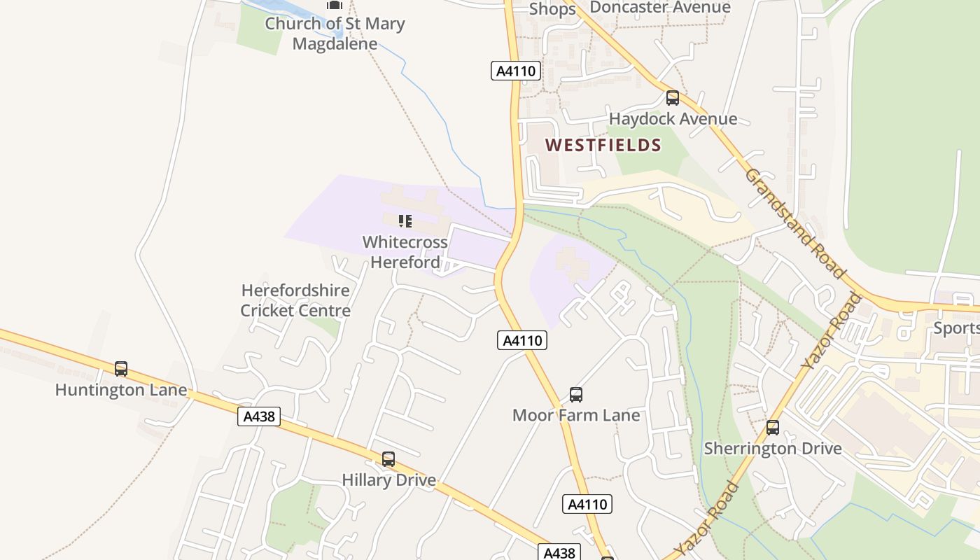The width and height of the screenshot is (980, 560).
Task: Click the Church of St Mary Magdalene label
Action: (335, 33)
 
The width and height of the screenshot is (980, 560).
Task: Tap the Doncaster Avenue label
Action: (660, 8)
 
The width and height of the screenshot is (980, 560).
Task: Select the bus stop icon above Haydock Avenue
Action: (673, 98)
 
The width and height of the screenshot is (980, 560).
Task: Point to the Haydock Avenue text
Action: (673, 119)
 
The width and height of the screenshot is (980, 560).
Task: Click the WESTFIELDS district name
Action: (603, 146)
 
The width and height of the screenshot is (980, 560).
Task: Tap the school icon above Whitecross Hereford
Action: (405, 221)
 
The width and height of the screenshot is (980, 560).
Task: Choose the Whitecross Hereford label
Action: (405, 252)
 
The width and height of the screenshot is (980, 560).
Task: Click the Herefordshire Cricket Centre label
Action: (295, 300)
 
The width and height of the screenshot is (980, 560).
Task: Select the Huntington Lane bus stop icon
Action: (121, 369)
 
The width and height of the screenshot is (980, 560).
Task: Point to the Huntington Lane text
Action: (121, 390)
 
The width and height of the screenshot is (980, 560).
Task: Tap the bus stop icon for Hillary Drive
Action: (388, 459)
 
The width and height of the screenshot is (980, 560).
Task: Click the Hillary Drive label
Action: (388, 480)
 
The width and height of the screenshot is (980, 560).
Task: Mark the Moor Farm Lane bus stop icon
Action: (576, 395)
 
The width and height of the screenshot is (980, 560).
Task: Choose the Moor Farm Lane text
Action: (576, 415)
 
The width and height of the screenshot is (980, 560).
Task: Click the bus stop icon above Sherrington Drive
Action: (773, 428)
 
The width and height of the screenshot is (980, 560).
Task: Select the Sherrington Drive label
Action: (773, 448)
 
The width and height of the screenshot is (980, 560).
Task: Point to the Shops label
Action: (552, 9)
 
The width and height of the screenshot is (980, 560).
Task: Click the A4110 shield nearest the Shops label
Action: (516, 71)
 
